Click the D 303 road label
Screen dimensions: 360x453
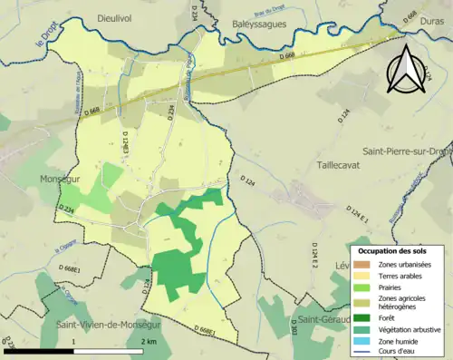[x=293, y=329]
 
